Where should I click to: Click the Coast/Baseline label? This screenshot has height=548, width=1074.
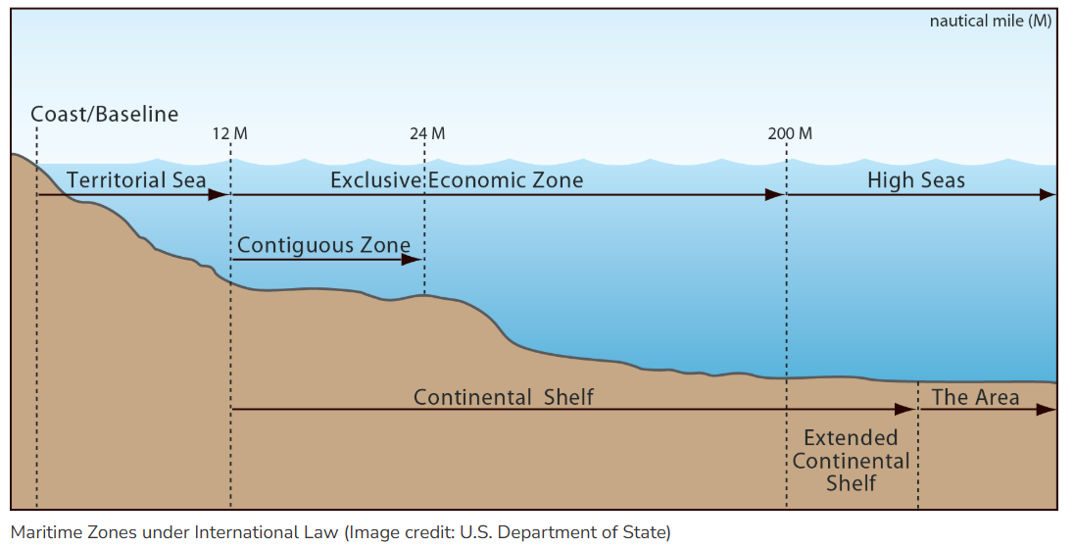click(x=105, y=114)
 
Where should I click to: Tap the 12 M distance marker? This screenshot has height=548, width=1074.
click(x=229, y=133)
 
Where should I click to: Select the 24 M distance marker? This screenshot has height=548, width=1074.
click(x=427, y=133)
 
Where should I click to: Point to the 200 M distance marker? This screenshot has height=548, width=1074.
click(x=790, y=133)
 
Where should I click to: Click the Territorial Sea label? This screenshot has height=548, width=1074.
click(x=136, y=180)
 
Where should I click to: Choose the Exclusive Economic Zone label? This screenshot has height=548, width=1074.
click(x=457, y=180)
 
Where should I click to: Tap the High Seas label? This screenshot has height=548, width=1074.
click(x=916, y=180)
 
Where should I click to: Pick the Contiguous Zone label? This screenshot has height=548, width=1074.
click(x=324, y=244)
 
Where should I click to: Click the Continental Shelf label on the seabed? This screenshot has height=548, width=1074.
click(x=504, y=397)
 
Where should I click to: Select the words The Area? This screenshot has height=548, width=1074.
click(x=975, y=397)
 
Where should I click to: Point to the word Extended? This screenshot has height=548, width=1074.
click(x=851, y=437)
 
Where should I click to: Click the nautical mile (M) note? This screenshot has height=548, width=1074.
click(x=991, y=21)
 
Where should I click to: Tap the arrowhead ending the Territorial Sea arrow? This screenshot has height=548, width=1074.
click(x=219, y=195)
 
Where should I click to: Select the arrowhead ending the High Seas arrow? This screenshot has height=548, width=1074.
click(x=1048, y=195)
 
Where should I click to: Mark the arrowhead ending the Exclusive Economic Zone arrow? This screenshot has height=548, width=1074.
click(x=775, y=195)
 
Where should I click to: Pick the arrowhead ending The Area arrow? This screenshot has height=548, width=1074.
click(x=1048, y=409)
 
